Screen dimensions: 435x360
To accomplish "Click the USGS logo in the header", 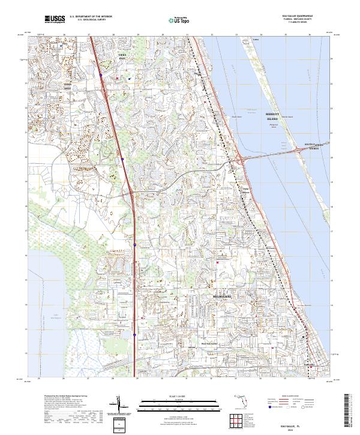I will (x=54, y=19).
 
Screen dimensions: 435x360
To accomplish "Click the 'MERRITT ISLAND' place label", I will (x=272, y=116).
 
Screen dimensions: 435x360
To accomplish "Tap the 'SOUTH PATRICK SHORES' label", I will (x=313, y=146).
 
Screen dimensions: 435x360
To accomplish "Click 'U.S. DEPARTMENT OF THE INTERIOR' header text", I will (x=91, y=16).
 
